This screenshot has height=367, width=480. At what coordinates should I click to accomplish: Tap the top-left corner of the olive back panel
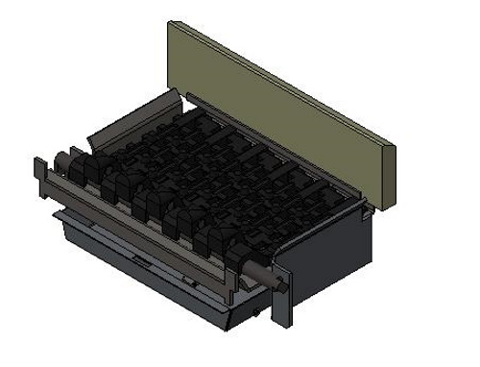(x=169, y=23)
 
